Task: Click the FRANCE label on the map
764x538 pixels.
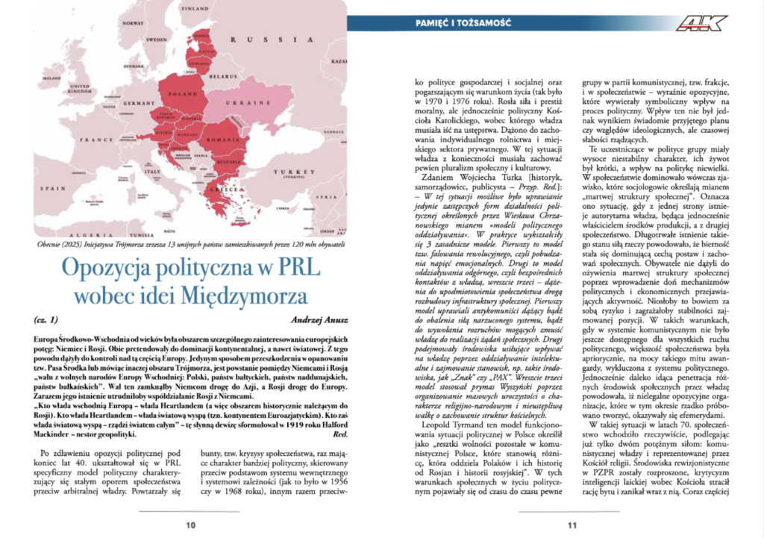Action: coord(97,139)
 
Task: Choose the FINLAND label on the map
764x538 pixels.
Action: coord(196,8)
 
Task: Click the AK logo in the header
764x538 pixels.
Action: coord(701,23)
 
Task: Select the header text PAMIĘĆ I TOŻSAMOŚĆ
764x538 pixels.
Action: coord(463,23)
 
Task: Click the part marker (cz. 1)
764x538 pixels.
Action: coord(46,320)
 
